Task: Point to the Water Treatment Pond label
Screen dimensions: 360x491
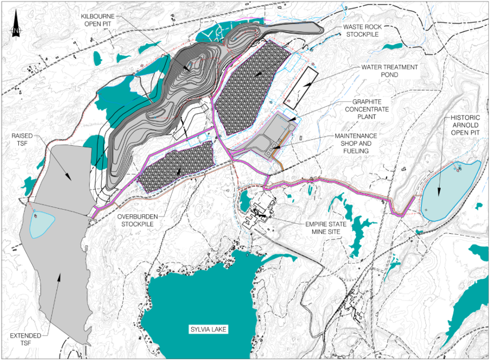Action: tap(389, 71)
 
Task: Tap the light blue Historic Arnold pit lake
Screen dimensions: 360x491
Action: tap(451, 189)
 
